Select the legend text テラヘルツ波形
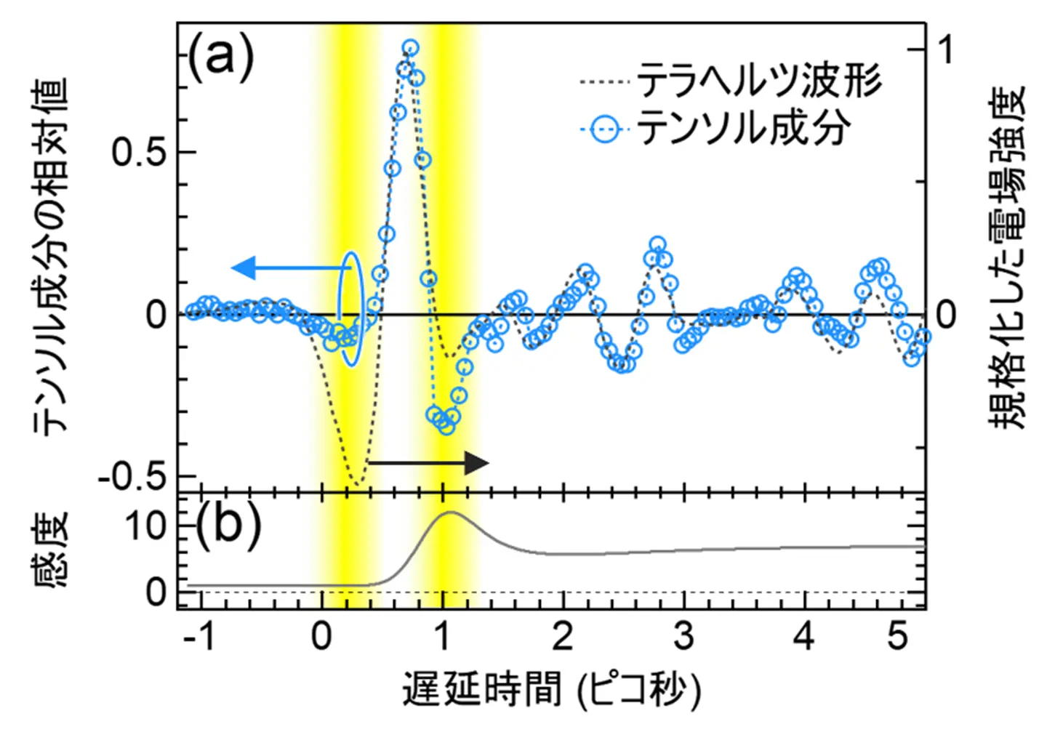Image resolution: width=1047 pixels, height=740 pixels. click(x=759, y=81)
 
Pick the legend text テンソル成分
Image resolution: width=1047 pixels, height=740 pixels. click(x=743, y=129)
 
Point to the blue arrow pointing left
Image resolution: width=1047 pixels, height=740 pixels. click(x=291, y=268)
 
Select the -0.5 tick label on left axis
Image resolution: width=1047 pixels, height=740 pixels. click(x=132, y=478)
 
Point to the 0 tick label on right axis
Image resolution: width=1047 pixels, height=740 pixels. click(x=946, y=315)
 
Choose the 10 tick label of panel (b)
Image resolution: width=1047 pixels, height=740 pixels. click(x=145, y=526)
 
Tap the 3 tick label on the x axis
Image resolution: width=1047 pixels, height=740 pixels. click(x=683, y=637)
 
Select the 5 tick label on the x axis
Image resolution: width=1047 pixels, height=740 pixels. click(x=898, y=637)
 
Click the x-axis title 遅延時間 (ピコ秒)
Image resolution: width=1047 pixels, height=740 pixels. click(x=551, y=689)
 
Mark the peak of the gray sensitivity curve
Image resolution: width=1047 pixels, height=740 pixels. click(x=451, y=512)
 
